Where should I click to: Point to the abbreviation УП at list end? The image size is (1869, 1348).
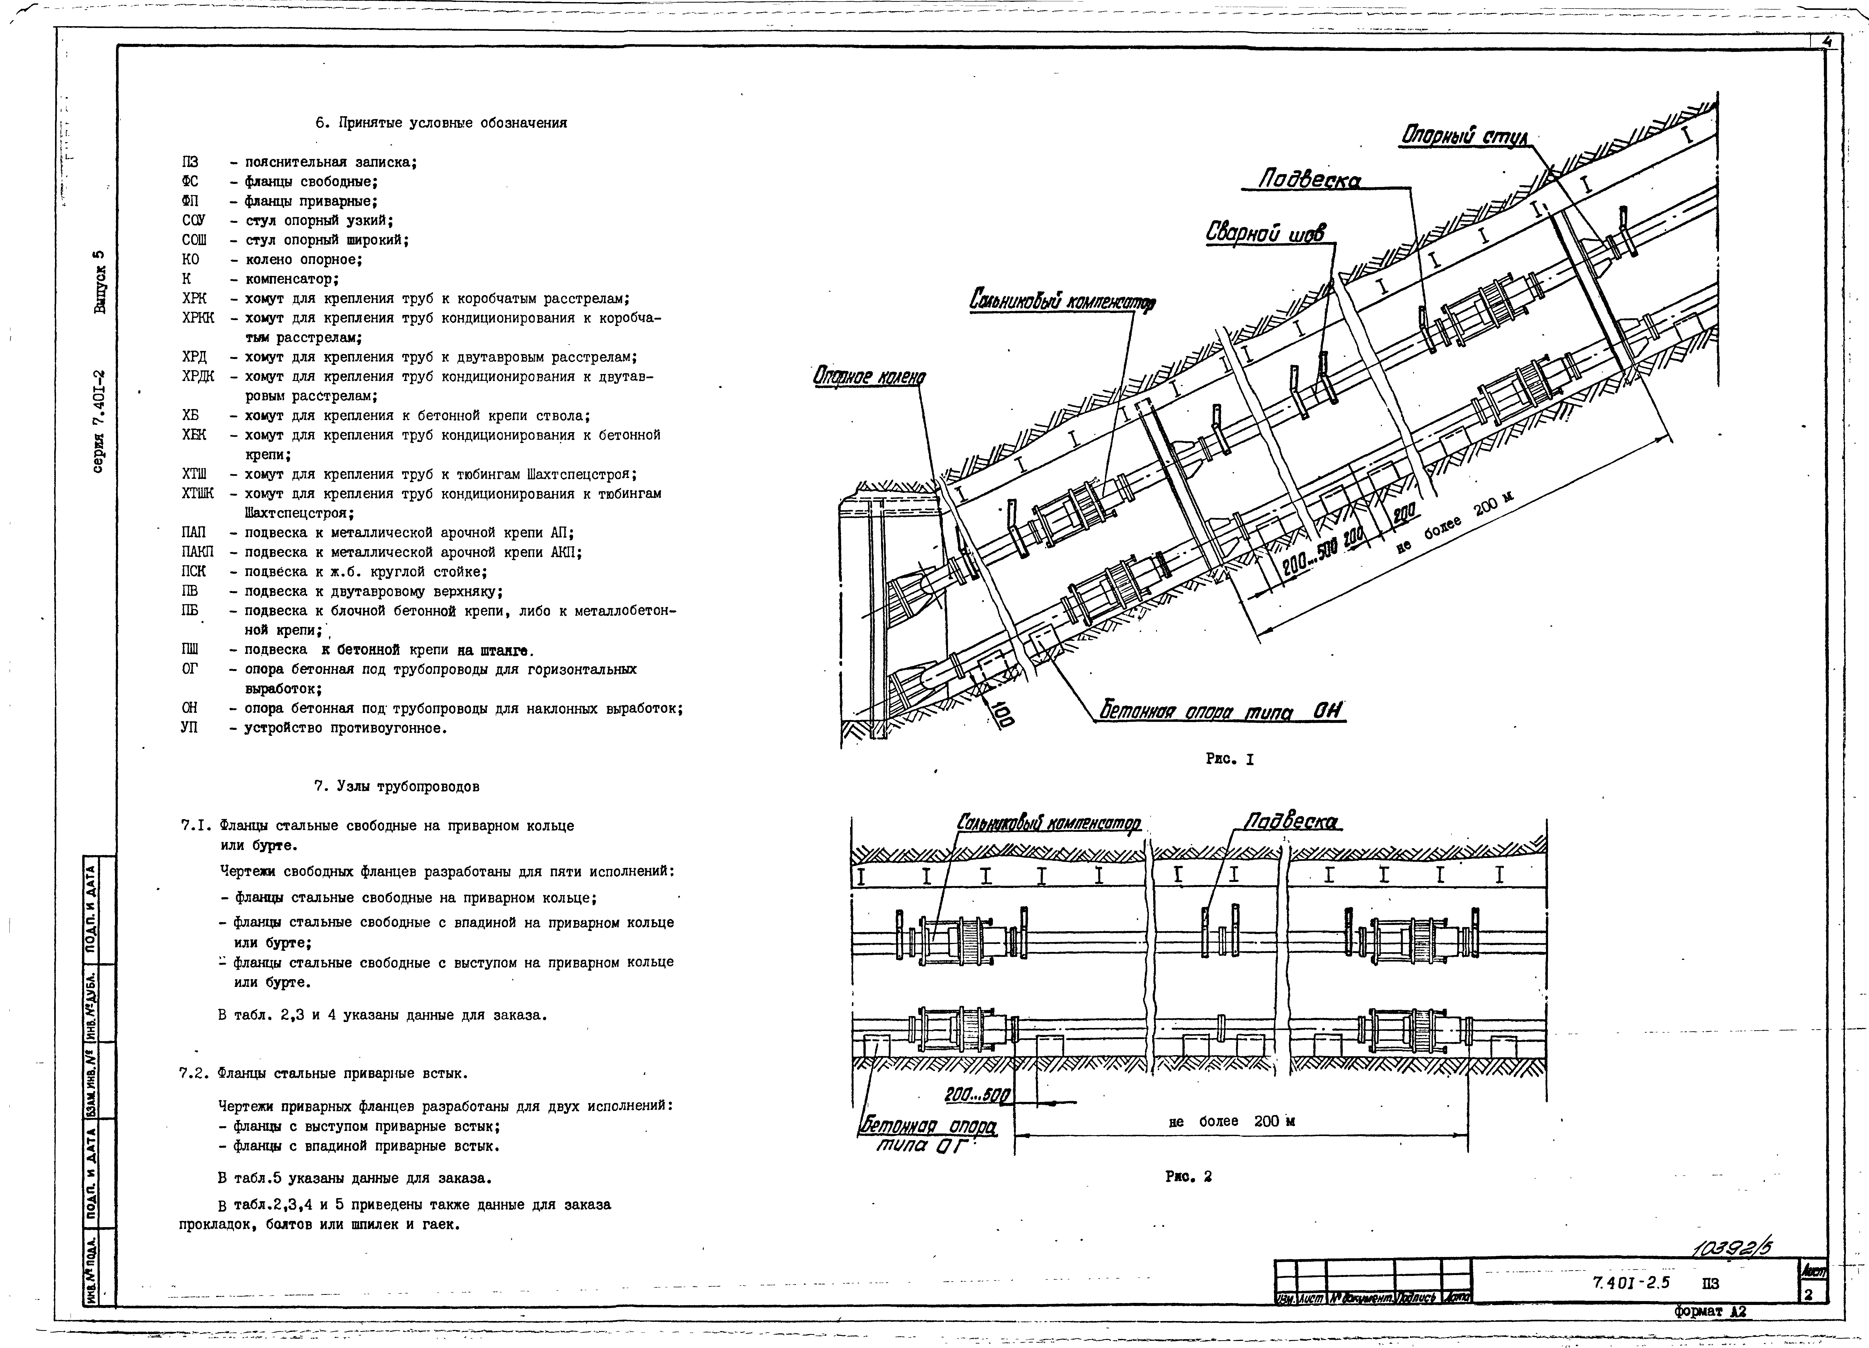[x=190, y=728]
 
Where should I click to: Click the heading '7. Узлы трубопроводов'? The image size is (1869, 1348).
[x=396, y=786]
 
